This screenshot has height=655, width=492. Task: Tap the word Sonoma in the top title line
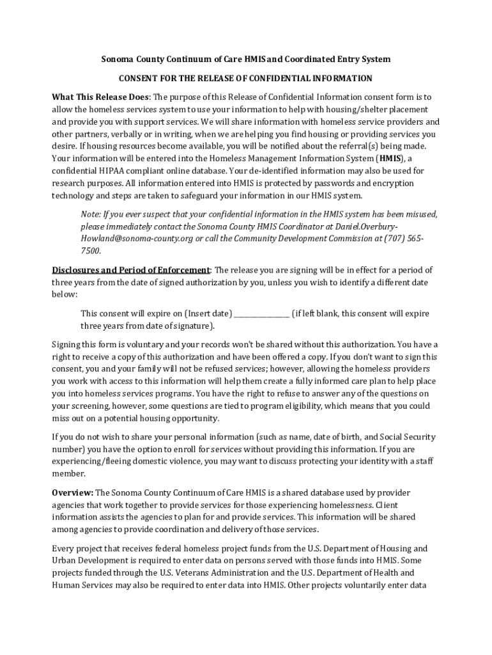click(x=116, y=59)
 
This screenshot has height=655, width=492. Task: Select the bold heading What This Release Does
click(x=100, y=97)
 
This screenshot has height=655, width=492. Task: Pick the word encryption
click(x=390, y=183)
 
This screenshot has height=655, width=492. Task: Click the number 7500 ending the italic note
click(x=91, y=250)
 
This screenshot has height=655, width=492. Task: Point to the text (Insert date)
click(x=208, y=314)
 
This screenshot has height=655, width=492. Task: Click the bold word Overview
click(x=72, y=493)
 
